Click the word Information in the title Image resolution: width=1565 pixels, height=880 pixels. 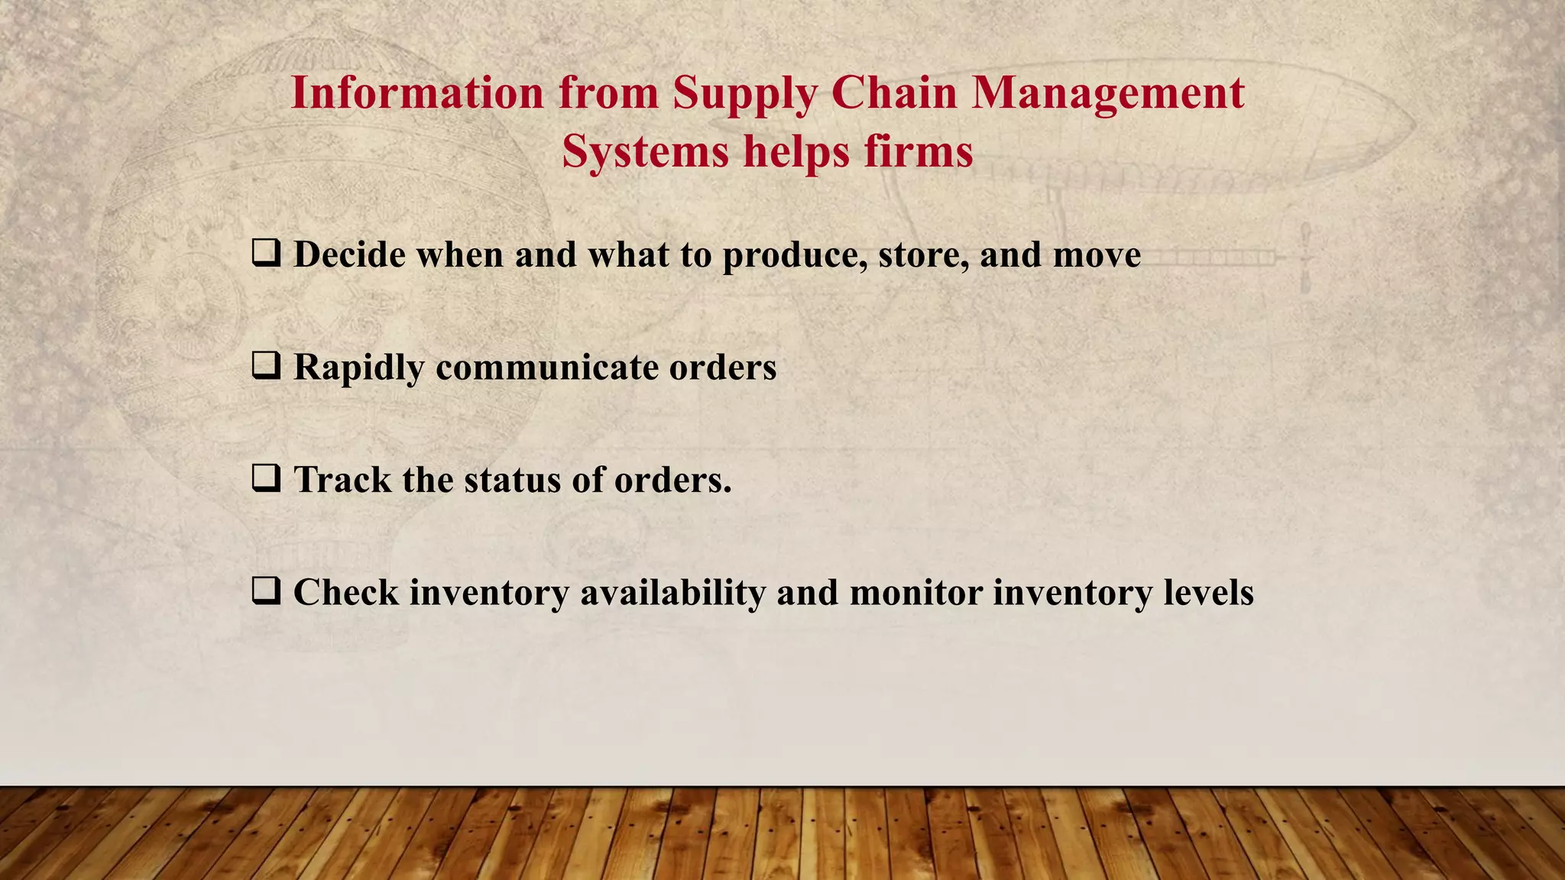click(x=418, y=93)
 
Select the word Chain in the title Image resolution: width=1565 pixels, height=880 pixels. click(x=894, y=93)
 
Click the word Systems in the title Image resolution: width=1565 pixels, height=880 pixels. click(x=646, y=151)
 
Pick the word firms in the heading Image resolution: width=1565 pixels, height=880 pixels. click(x=919, y=151)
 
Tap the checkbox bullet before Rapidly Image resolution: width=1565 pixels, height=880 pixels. click(x=266, y=366)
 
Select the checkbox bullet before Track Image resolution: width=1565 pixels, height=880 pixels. click(x=266, y=478)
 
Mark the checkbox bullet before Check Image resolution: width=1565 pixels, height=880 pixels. click(x=266, y=591)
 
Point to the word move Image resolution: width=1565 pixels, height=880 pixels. click(x=1097, y=254)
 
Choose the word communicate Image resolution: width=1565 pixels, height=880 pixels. click(x=547, y=367)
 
